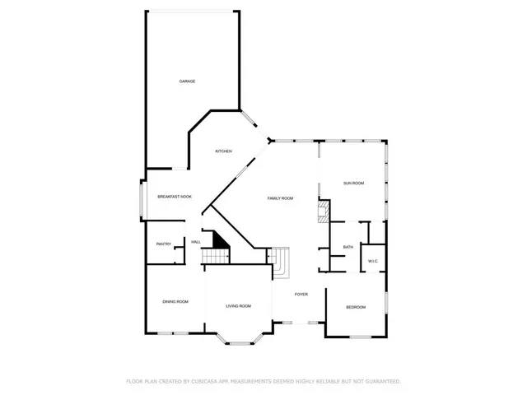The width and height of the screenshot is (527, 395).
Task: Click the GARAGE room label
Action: [x=188, y=81]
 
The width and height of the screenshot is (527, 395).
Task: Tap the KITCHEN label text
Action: [x=223, y=151]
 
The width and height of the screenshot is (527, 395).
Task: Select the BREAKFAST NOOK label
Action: [x=175, y=197]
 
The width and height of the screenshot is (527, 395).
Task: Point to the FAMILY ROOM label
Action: [x=280, y=199]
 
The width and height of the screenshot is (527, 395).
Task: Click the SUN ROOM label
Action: [x=353, y=183]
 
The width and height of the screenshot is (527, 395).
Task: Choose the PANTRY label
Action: [x=163, y=244]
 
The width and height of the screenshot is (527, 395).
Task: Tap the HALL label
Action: [x=196, y=242]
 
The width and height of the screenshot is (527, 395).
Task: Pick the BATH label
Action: [x=348, y=247]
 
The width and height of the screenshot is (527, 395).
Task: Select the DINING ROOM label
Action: [x=175, y=302]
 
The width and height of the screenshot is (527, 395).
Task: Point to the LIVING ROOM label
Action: [x=238, y=306]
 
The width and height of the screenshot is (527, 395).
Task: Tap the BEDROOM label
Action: [x=355, y=307]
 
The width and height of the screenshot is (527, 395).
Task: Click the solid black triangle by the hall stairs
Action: [x=220, y=240]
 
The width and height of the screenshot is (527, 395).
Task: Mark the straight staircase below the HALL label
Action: [x=217, y=258]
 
